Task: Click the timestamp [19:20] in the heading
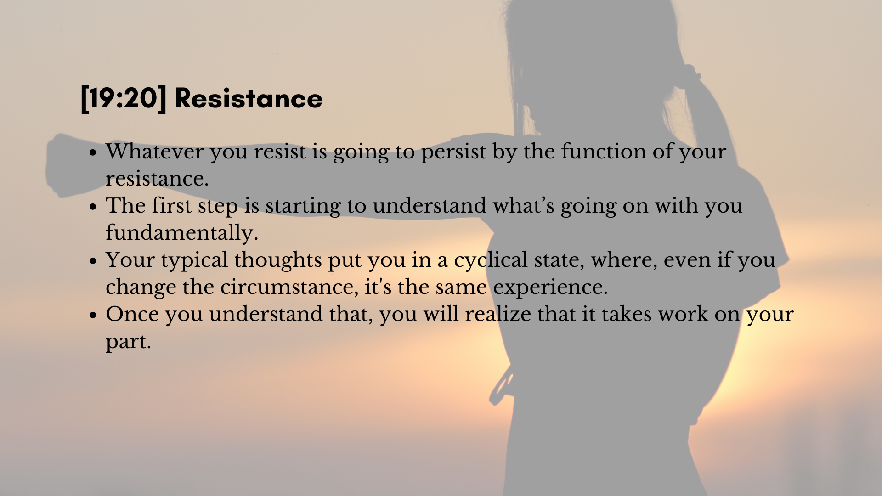(x=123, y=99)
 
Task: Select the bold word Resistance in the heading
(x=249, y=99)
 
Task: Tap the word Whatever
(x=155, y=152)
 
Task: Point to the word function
(x=604, y=152)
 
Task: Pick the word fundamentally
(x=182, y=233)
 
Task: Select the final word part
(x=128, y=342)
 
